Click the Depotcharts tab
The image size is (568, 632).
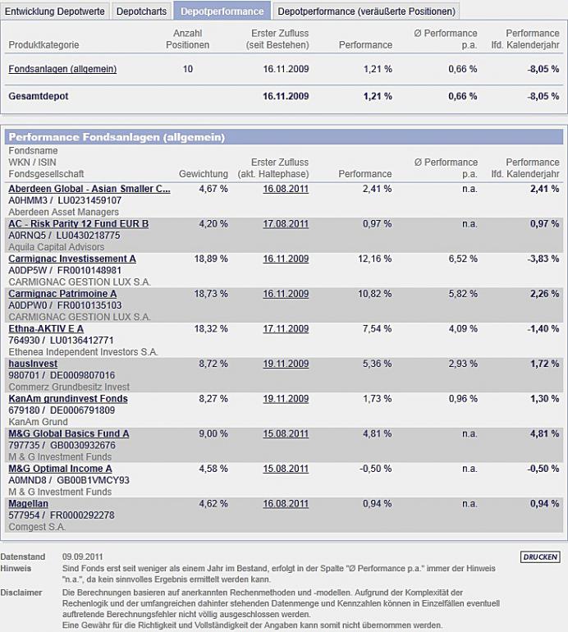141,11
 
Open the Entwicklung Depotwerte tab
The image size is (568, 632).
55,11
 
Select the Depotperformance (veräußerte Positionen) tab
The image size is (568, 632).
365,11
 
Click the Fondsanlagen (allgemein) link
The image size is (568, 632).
62,70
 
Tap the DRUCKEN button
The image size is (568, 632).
540,557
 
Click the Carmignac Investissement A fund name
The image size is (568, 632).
72,259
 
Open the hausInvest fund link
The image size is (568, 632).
33,364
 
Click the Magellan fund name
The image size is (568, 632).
29,504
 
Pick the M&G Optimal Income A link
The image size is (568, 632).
60,469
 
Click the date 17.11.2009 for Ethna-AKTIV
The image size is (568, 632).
286,329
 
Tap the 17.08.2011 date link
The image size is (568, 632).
286,224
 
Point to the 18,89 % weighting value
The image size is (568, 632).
212,259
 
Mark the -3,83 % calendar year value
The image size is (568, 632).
542,259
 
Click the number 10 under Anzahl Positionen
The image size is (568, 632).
188,70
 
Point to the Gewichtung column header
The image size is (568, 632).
203,174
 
